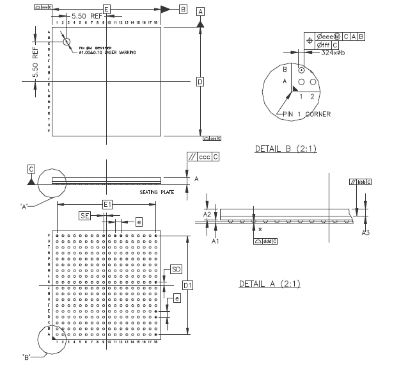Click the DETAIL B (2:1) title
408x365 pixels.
(x=285, y=149)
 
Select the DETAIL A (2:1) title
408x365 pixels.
(x=269, y=284)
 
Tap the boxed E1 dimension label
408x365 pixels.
(x=107, y=204)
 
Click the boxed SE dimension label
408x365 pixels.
(x=85, y=216)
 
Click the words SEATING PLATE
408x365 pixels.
(x=157, y=191)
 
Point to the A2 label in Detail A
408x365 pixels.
(x=207, y=215)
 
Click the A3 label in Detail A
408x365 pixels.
(x=366, y=232)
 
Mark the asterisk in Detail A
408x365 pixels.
(x=260, y=229)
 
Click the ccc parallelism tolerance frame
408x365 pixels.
(x=203, y=156)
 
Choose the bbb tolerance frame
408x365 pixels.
(x=361, y=183)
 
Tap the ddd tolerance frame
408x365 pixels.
(x=265, y=242)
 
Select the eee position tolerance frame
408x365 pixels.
(x=336, y=37)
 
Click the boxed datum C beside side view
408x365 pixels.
(x=31, y=168)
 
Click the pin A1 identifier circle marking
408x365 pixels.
(x=67, y=42)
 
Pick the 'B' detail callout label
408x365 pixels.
(x=27, y=356)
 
